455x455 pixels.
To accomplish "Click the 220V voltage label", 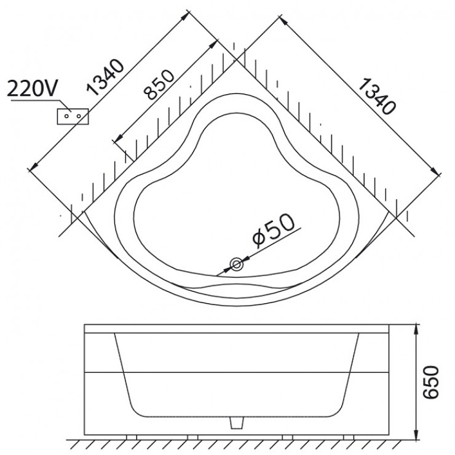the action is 32,88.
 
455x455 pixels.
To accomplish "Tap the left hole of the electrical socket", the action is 66,116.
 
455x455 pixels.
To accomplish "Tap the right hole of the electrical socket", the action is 79,116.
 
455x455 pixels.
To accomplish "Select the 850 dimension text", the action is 160,84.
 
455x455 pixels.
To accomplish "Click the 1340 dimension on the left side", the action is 105,77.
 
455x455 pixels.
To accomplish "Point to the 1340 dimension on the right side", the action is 377,96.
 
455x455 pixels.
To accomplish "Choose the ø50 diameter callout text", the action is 274,231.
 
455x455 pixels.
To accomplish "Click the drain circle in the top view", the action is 237,264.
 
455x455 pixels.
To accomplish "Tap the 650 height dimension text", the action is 430,382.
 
